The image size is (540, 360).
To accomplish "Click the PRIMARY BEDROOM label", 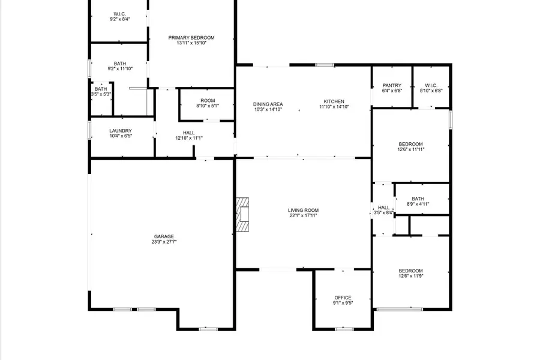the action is tap(191, 38).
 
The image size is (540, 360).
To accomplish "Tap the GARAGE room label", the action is tap(164, 236).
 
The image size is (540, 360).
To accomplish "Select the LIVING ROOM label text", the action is tap(303, 210).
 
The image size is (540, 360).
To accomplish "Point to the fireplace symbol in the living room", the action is tap(242, 215).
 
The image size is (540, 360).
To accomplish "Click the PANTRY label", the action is tap(392, 85).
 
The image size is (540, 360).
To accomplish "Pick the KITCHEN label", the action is tap(334, 101).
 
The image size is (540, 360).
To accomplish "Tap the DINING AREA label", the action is tap(268, 104).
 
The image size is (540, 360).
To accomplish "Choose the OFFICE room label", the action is tap(343, 298).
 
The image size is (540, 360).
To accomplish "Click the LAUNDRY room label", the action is tap(121, 131).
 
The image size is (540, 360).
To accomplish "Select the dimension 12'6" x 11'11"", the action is tap(411, 149).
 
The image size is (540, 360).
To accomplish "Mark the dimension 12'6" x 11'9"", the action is tap(411, 276).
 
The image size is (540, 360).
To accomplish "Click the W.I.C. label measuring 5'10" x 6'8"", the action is tap(431, 85).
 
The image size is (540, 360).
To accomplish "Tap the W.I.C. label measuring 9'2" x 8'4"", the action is tap(119, 14).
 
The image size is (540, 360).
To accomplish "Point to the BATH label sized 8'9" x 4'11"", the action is tap(418, 199).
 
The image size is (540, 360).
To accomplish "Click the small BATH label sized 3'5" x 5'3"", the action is tap(101, 89).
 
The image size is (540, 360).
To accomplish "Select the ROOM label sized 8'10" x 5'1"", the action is tap(208, 101).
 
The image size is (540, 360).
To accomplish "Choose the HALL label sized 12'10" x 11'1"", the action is tap(189, 133).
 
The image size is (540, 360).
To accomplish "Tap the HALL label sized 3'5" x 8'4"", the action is tap(383, 208).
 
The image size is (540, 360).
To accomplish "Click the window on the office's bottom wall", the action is tap(344, 329).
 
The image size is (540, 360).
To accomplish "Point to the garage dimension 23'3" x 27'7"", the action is tap(164, 242).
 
